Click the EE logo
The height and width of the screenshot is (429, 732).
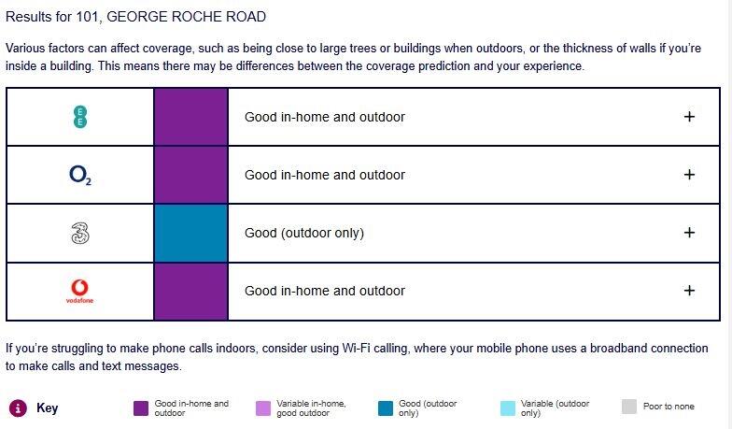pyautogui.click(x=80, y=117)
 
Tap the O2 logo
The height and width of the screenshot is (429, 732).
pyautogui.click(x=80, y=176)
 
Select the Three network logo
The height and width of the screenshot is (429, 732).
pyautogui.click(x=80, y=233)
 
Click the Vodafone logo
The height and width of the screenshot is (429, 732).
pyautogui.click(x=80, y=292)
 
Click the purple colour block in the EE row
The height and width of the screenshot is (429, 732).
pyautogui.click(x=190, y=117)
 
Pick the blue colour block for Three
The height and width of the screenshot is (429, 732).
pyautogui.click(x=190, y=233)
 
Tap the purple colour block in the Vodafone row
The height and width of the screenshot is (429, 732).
pyautogui.click(x=190, y=292)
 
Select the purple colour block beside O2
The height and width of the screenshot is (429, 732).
pyautogui.click(x=190, y=175)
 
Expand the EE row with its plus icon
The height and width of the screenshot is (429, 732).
pyautogui.click(x=689, y=116)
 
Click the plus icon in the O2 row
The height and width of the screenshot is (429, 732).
pyautogui.click(x=689, y=174)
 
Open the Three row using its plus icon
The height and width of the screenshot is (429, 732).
pyautogui.click(x=689, y=232)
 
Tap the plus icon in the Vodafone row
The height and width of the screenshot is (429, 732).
pyautogui.click(x=689, y=290)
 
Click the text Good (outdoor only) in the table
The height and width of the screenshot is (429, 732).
pyautogui.click(x=304, y=233)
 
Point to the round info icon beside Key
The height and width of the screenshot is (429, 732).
pyautogui.click(x=18, y=408)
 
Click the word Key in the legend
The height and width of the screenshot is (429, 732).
pyautogui.click(x=47, y=408)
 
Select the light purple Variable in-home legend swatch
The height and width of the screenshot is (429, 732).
pyautogui.click(x=263, y=408)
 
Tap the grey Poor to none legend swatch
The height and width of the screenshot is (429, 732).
pyautogui.click(x=629, y=407)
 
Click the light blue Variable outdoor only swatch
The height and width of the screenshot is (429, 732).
pyautogui.click(x=508, y=408)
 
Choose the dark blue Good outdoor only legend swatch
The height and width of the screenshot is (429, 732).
pyautogui.click(x=386, y=408)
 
